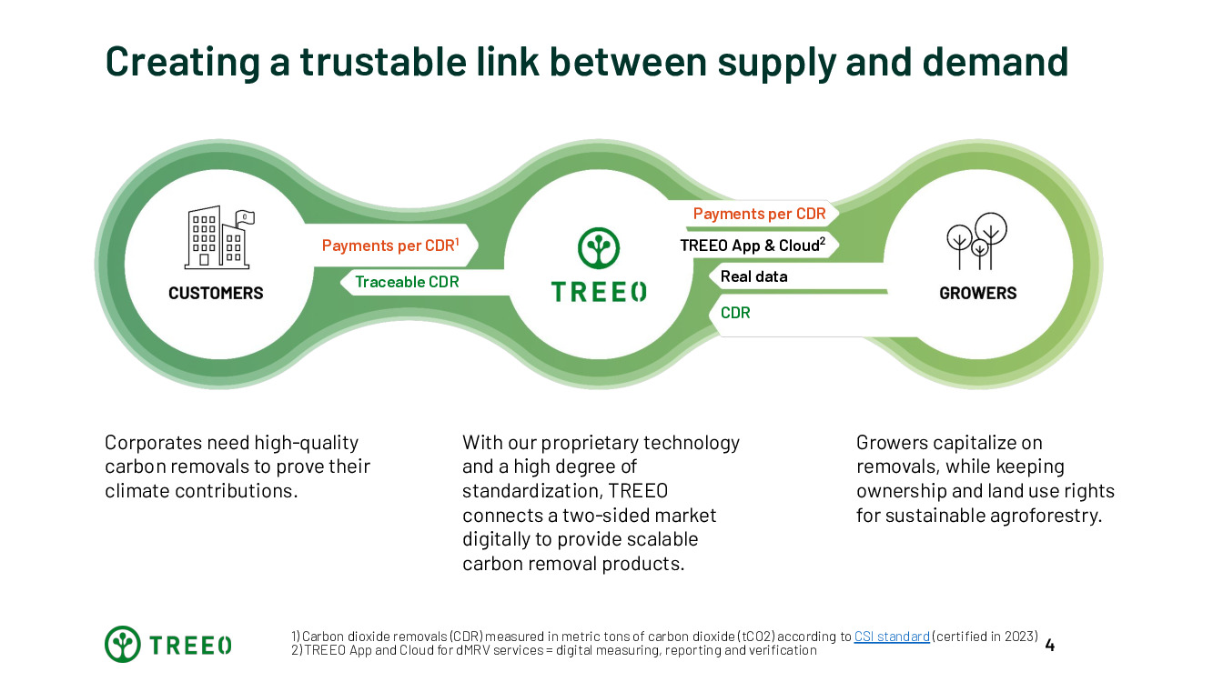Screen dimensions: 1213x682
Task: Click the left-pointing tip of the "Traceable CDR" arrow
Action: click(340, 282)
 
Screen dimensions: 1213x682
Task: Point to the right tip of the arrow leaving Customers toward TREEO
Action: click(478, 246)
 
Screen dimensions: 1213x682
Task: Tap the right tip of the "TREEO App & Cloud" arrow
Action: click(839, 245)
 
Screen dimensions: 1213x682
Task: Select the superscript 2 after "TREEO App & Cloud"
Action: click(823, 241)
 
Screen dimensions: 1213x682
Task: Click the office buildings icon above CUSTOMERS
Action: click(219, 237)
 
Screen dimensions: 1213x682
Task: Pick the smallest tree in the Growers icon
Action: click(980, 255)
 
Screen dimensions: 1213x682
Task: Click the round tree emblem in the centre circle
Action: click(599, 248)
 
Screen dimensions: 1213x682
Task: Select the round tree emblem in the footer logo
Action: click(123, 644)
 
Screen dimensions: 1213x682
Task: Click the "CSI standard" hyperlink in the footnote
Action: click(892, 637)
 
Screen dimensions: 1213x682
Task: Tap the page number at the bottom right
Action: click(1049, 646)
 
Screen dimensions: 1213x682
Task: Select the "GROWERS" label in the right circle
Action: click(978, 294)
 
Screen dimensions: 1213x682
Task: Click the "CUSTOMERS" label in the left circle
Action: click(216, 294)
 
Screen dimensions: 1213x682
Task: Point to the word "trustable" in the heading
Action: click(383, 61)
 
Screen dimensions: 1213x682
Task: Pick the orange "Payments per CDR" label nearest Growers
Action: click(759, 214)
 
